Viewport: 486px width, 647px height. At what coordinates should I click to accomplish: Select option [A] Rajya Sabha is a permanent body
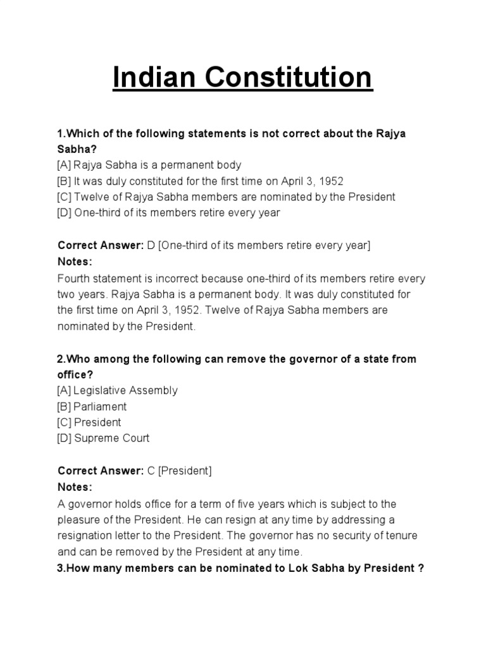(x=149, y=165)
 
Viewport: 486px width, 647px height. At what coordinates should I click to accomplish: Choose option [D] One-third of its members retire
(x=168, y=213)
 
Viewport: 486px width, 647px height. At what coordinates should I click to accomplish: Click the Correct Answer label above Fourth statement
(x=101, y=245)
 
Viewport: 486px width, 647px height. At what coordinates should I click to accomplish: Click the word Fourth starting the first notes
(x=74, y=278)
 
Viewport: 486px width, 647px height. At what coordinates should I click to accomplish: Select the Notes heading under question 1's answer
(x=75, y=262)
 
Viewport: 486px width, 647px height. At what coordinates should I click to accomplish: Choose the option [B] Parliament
(x=92, y=406)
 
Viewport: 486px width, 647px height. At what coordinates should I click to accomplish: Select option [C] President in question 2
(x=89, y=422)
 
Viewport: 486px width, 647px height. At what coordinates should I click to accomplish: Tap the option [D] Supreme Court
(x=103, y=438)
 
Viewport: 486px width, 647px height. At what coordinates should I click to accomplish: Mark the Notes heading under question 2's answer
(x=75, y=487)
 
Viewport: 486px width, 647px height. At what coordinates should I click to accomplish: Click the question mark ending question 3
(x=420, y=568)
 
